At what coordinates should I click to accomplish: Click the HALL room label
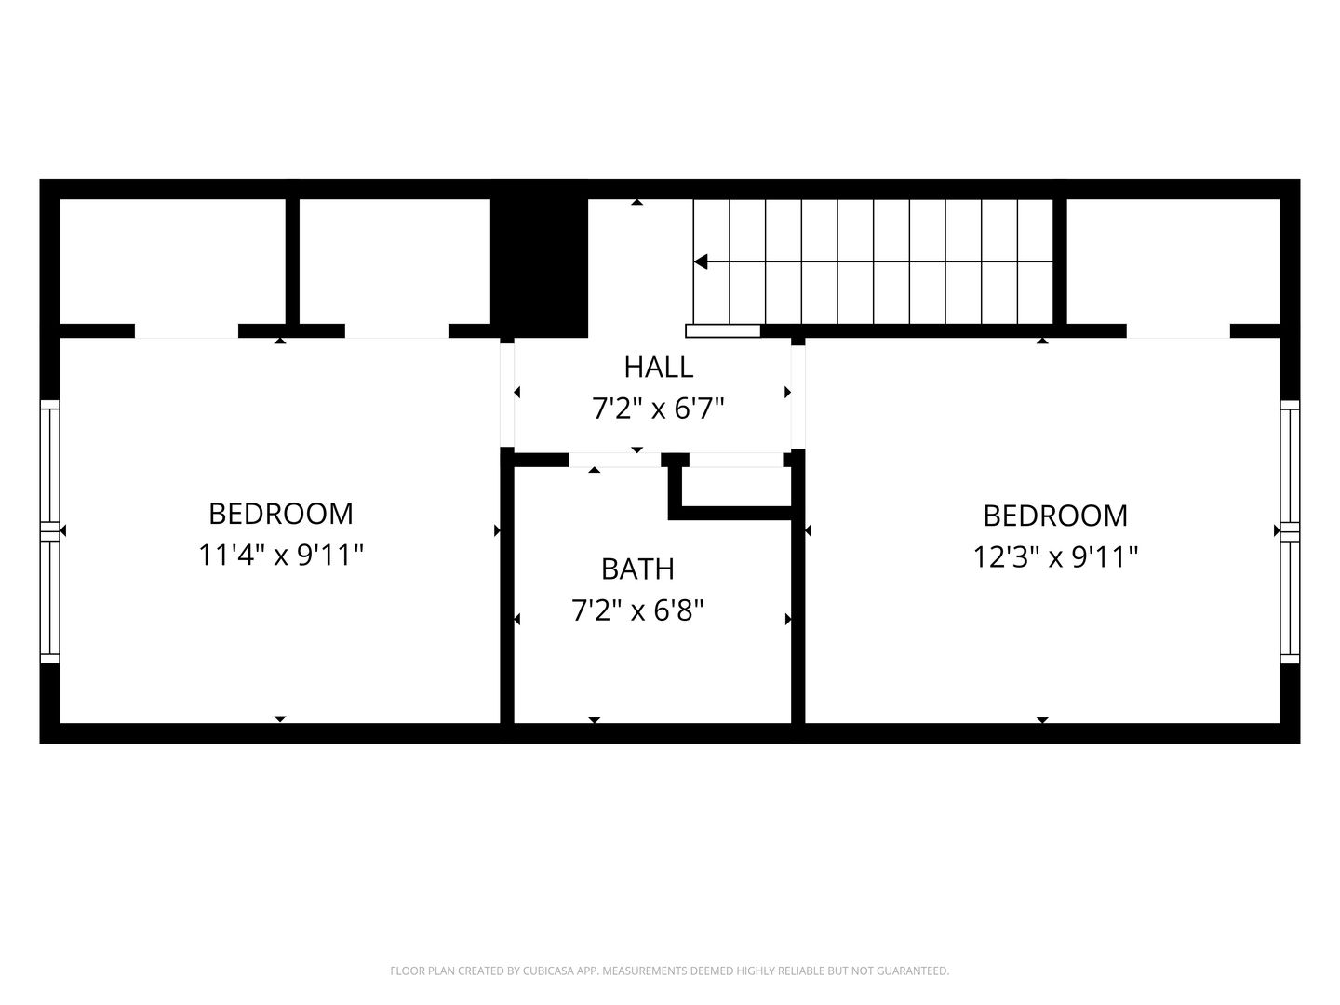pos(658,368)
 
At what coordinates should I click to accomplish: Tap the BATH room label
pos(637,569)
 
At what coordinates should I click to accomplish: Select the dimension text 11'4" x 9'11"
pos(281,556)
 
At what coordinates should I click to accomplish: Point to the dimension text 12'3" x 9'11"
pos(1055,557)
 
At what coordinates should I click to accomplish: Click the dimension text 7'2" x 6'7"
pos(658,409)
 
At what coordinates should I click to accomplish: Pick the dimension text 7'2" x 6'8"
pos(637,610)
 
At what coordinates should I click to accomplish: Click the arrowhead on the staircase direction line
pos(701,261)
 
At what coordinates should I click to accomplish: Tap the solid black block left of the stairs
pos(539,268)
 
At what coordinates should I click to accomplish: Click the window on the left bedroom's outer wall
pos(50,530)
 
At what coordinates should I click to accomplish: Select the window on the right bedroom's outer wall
pos(1290,530)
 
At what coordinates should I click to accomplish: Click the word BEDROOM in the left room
pos(281,514)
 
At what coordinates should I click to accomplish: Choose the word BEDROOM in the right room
pos(1055,516)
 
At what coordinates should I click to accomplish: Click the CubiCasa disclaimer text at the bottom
pos(670,971)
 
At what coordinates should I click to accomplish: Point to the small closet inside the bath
pos(736,487)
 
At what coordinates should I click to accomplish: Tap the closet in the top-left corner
pos(173,261)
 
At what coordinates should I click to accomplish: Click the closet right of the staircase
pos(1172,261)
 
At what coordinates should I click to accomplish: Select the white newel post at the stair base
pos(723,330)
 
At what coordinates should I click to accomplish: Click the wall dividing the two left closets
pos(292,261)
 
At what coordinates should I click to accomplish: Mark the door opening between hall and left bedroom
pos(507,395)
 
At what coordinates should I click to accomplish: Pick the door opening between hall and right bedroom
pos(797,396)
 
